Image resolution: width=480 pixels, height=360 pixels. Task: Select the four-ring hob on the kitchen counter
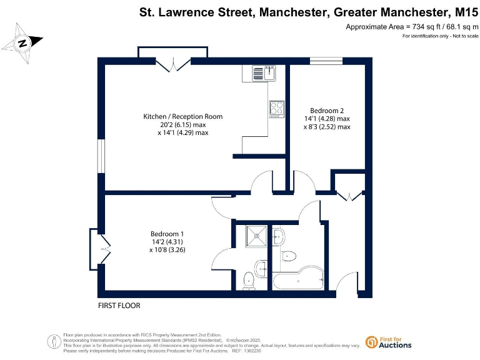click(x=276, y=109)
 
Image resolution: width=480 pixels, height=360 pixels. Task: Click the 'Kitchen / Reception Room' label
click(x=182, y=117)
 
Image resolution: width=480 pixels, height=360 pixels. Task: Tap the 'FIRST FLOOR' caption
click(x=119, y=306)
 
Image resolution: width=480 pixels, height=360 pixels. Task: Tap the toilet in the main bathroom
click(x=289, y=255)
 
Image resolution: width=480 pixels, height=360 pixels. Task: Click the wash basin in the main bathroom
click(x=279, y=236)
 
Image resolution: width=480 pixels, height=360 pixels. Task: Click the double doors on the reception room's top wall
click(x=172, y=62)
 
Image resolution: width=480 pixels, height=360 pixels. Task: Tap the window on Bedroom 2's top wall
click(x=326, y=61)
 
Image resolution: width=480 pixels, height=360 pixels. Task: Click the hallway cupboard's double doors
click(x=347, y=196)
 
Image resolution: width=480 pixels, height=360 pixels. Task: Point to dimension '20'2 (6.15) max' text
click(x=182, y=125)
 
